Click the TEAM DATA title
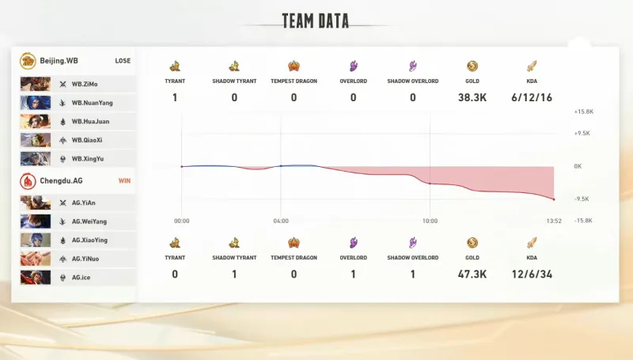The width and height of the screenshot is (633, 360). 315,21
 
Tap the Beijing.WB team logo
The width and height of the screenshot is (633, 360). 28,61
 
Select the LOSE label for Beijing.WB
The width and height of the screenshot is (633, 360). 123,61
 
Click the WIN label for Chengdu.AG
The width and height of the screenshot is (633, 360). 124,180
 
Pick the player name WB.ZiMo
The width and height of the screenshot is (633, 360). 84,83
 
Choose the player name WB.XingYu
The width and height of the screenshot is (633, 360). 88,159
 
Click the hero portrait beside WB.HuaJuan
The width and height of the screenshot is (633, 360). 35,121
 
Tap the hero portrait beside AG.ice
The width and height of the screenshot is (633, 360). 35,278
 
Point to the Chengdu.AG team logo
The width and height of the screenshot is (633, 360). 28,180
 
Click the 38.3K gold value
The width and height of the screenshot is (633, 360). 472,97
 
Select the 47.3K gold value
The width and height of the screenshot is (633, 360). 472,274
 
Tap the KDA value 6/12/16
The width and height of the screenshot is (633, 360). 532,97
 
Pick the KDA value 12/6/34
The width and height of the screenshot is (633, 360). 532,274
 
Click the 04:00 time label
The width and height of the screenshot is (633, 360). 281,222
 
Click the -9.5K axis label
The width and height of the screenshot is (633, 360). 582,199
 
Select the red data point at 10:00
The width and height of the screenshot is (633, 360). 430,184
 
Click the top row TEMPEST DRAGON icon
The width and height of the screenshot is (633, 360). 294,66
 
